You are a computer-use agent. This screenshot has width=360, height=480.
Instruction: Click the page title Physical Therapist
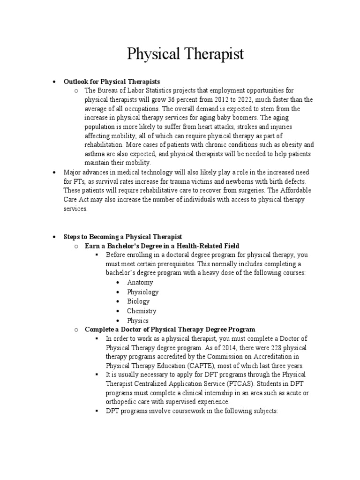coord(186,54)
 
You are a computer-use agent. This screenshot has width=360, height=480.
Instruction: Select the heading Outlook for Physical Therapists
coord(112,82)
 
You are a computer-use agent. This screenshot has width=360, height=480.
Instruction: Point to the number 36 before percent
coord(175,100)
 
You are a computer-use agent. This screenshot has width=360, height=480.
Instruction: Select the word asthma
coord(95,154)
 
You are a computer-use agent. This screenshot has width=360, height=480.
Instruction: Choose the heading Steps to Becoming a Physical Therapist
coord(123,237)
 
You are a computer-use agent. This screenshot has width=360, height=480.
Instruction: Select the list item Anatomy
coord(140,283)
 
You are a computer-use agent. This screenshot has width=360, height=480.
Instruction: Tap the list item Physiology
coord(142,292)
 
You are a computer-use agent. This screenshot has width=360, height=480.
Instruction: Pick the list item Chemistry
coord(142,311)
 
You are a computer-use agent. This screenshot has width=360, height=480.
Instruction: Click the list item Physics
coord(138,321)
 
